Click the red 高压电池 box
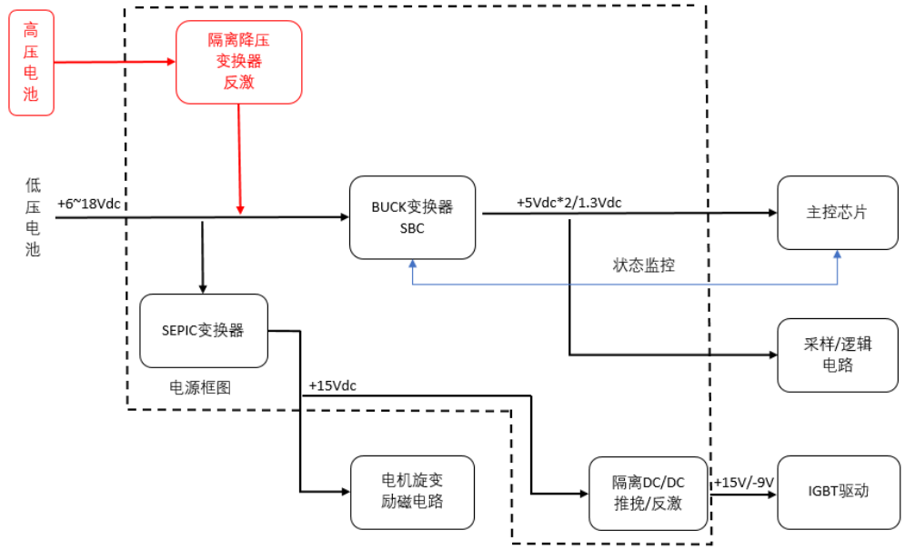[x=32, y=62]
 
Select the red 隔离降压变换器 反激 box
[x=238, y=62]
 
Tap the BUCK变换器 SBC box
[x=413, y=217]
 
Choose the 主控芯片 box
[x=837, y=213]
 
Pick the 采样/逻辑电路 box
[x=837, y=355]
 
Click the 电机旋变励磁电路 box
[x=413, y=492]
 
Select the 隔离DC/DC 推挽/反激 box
[x=648, y=493]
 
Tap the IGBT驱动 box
[x=837, y=492]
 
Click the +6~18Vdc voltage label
[x=88, y=204]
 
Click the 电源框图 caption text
[x=200, y=386]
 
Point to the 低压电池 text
[x=33, y=217]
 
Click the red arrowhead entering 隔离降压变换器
[x=169, y=62]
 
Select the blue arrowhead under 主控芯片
[x=837, y=257]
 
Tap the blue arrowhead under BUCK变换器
[x=413, y=264]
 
